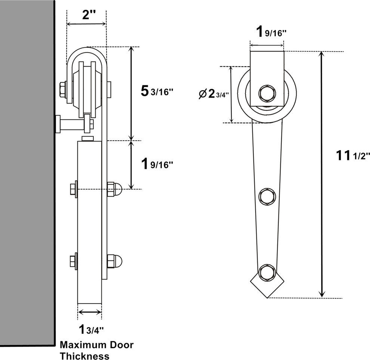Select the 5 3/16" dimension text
(157, 91)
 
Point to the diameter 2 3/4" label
(213, 94)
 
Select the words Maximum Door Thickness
(96, 350)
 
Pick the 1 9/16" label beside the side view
(157, 164)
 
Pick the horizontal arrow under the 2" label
(86, 24)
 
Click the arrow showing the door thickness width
(89, 312)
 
